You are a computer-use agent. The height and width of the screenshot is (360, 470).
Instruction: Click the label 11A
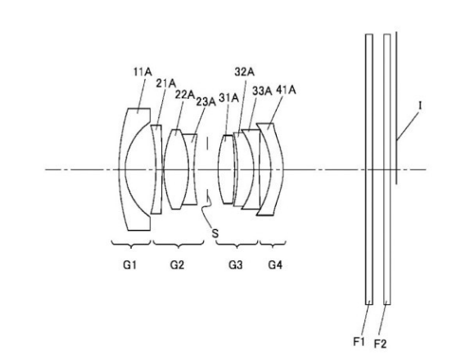[142, 72]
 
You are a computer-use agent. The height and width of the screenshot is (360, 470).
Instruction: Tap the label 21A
[165, 83]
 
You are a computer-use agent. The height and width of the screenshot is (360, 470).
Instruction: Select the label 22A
[185, 95]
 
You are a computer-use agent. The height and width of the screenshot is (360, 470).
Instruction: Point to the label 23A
[206, 101]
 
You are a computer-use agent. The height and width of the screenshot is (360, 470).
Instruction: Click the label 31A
[228, 97]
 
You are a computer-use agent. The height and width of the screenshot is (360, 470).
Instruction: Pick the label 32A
[245, 72]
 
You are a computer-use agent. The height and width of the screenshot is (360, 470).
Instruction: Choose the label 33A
[262, 91]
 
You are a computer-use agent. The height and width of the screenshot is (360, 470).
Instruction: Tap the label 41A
[286, 90]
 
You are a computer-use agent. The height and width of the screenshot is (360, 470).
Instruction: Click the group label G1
[130, 265]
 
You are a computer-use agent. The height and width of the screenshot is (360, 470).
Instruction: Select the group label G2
[177, 265]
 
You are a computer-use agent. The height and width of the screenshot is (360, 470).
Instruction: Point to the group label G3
[236, 265]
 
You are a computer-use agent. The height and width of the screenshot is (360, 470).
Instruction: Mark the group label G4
[275, 265]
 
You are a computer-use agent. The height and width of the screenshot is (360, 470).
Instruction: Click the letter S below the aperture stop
[215, 233]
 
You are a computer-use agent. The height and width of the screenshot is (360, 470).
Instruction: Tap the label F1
[359, 341]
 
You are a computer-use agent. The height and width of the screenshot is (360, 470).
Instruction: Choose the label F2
[380, 344]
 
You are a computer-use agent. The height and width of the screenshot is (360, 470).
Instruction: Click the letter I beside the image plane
[420, 106]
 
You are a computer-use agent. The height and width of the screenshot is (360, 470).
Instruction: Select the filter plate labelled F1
[369, 169]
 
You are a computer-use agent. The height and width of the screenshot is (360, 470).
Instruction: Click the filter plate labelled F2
[387, 169]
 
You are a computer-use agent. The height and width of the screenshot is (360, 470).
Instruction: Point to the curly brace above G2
[179, 245]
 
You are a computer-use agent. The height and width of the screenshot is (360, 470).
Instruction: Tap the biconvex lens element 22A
[176, 169]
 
